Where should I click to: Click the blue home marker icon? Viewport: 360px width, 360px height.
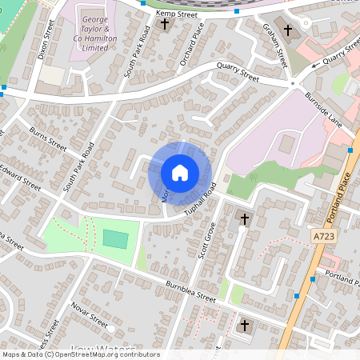pyautogui.click(x=179, y=172)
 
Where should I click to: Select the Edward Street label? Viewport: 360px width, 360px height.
pyautogui.click(x=19, y=176)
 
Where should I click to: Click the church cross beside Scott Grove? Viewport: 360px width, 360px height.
pyautogui.click(x=245, y=219)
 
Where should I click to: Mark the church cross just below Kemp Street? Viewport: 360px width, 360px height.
pyautogui.click(x=166, y=24)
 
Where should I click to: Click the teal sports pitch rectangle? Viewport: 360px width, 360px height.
pyautogui.click(x=115, y=239)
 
